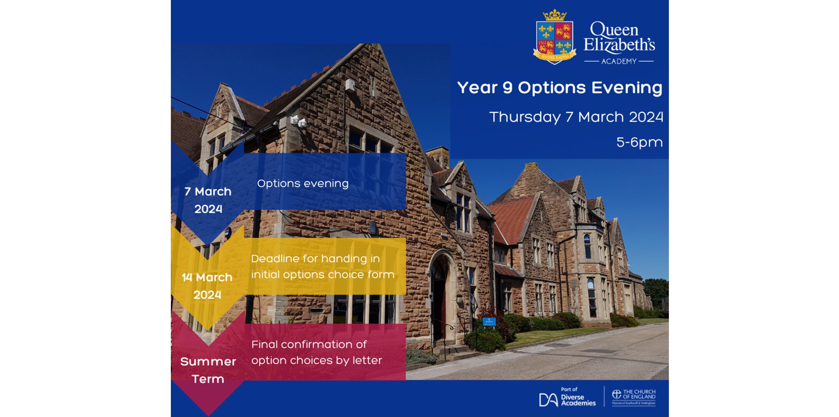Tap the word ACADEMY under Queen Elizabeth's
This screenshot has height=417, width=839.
point(619,61)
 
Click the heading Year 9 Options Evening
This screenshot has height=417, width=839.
point(559,88)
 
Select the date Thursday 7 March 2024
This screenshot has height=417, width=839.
point(576,117)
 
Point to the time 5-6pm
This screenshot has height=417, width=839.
point(639,142)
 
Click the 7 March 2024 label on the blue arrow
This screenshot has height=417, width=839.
point(208,200)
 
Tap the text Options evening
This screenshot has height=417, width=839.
point(302,184)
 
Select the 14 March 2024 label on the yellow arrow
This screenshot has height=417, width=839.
point(207,286)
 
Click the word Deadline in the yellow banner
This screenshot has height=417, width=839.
point(272,259)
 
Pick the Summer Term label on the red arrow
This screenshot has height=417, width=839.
point(208,370)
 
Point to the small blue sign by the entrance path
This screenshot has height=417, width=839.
point(489,321)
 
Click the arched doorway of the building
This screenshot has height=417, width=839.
point(440,295)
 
